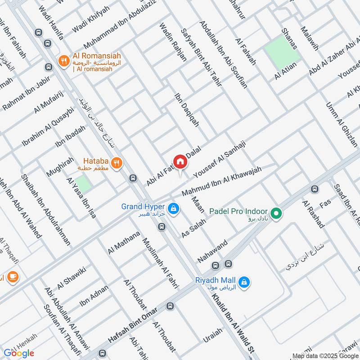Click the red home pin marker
pos(180,161)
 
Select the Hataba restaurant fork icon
pos(117,164)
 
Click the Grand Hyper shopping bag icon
pos(173,209)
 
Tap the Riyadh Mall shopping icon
pos(244,282)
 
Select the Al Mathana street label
pos(124,242)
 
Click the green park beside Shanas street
pos(282,52)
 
